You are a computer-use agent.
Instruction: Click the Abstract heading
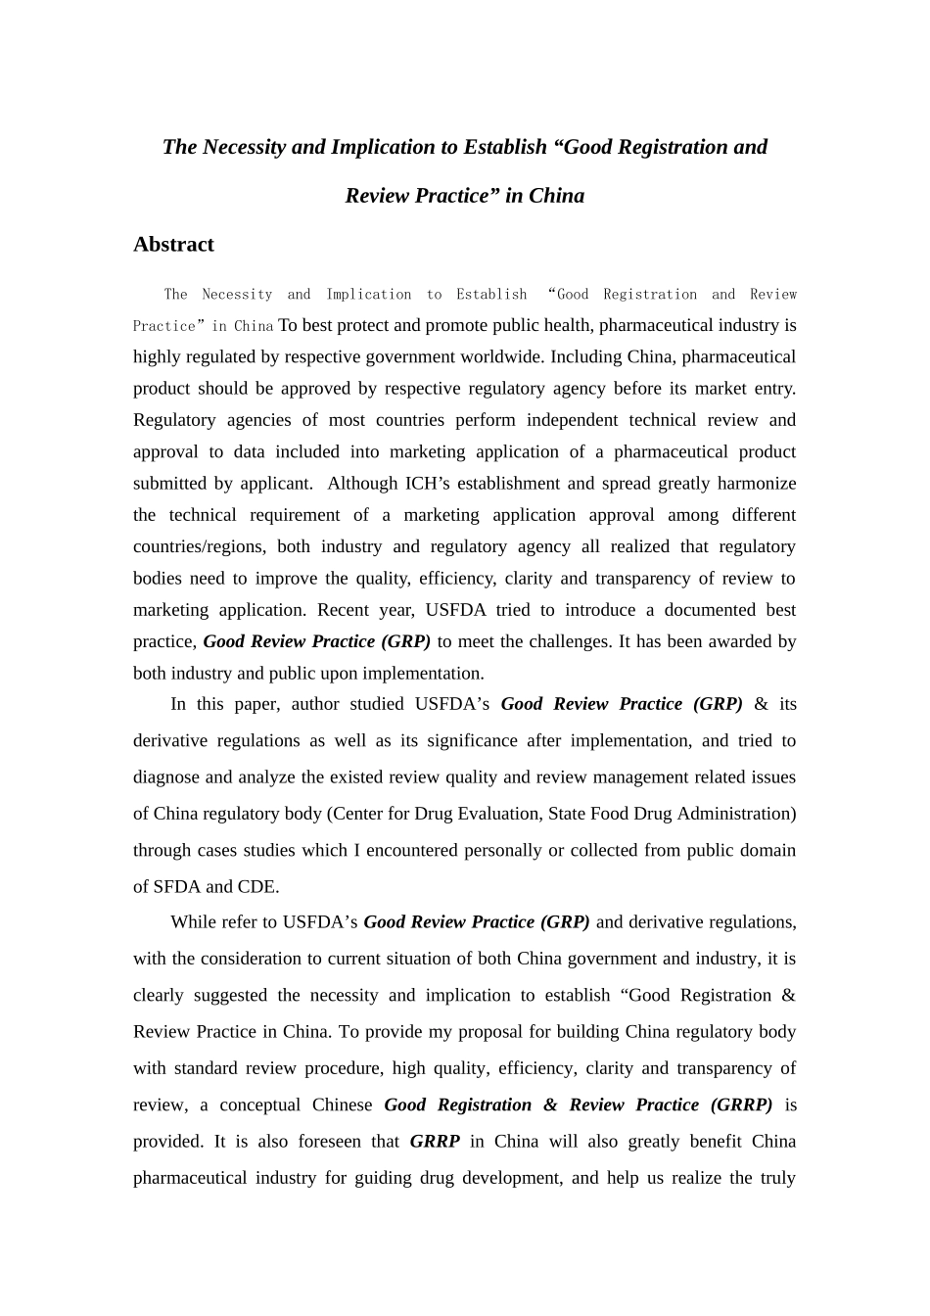pos(173,245)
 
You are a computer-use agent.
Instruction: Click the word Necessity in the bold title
pos(244,147)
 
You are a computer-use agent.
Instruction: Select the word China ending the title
pos(556,196)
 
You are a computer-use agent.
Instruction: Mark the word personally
pos(503,850)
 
